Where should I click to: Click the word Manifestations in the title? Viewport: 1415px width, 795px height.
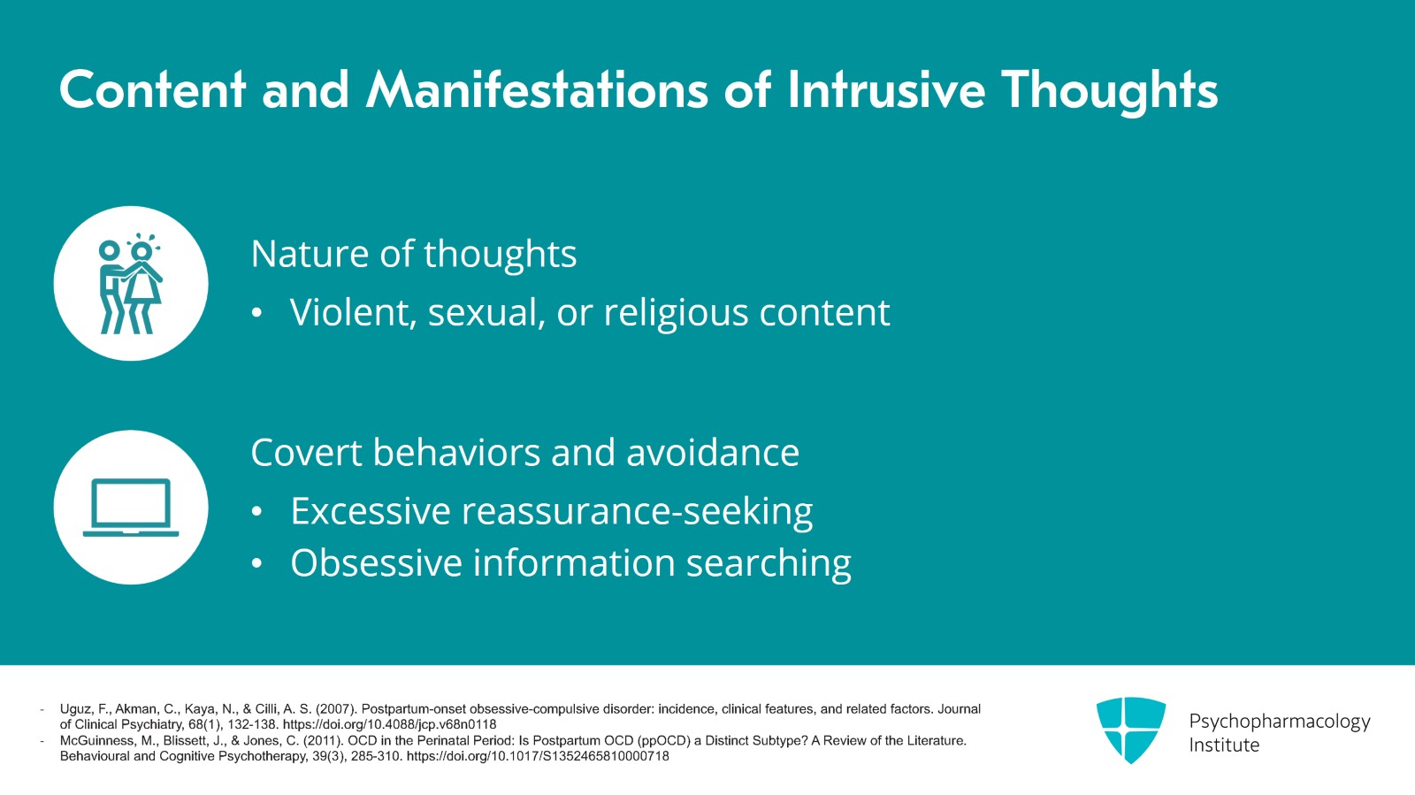536,89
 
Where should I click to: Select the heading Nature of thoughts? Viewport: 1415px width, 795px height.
414,254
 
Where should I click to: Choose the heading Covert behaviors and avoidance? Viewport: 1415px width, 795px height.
525,452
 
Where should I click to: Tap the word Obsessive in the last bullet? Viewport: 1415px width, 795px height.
376,562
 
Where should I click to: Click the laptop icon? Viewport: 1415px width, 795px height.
131,507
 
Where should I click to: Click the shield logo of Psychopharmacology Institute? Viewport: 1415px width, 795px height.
1131,730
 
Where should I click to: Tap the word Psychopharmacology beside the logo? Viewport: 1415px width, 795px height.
1280,722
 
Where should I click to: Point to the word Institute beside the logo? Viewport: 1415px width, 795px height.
1224,745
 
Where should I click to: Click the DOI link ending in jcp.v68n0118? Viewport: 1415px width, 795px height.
390,724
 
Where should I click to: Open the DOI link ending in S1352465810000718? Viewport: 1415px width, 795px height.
538,756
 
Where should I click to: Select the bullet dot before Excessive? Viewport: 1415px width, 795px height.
256,511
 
